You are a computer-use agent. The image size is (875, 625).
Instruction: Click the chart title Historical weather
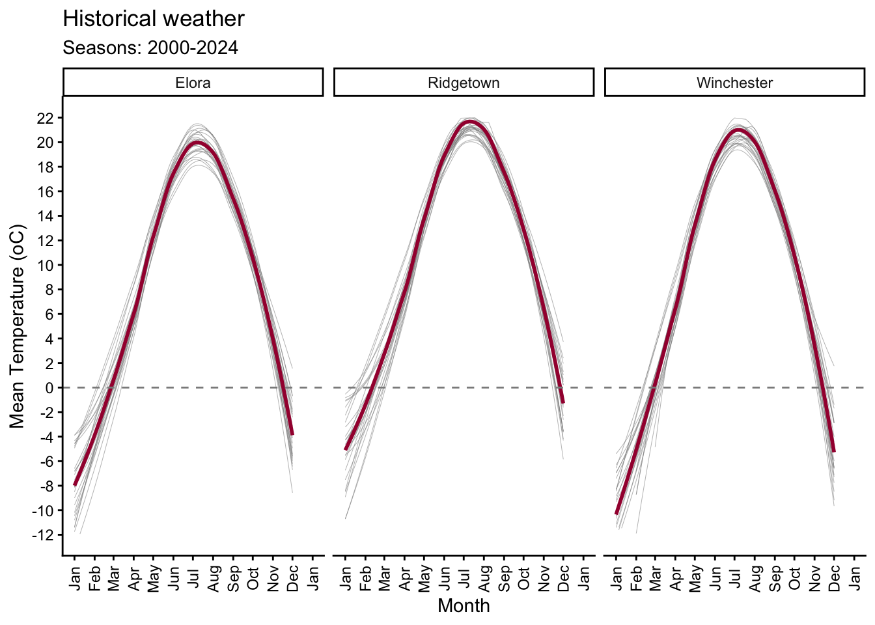coord(154,19)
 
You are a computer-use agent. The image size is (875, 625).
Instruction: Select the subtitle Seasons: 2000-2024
coord(150,48)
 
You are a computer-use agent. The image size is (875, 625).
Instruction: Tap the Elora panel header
coord(193,83)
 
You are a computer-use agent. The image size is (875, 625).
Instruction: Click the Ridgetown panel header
coord(464,83)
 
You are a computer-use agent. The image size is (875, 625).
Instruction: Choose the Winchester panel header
coord(734,83)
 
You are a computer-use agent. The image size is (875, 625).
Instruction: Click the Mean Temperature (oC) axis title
coord(18,326)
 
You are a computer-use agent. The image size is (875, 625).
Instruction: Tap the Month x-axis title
coord(464,606)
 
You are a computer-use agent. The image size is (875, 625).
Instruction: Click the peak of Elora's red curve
coord(197,142)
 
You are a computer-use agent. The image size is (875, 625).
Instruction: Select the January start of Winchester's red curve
coord(617,514)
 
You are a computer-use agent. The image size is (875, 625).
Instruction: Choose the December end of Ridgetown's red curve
coord(563,402)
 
